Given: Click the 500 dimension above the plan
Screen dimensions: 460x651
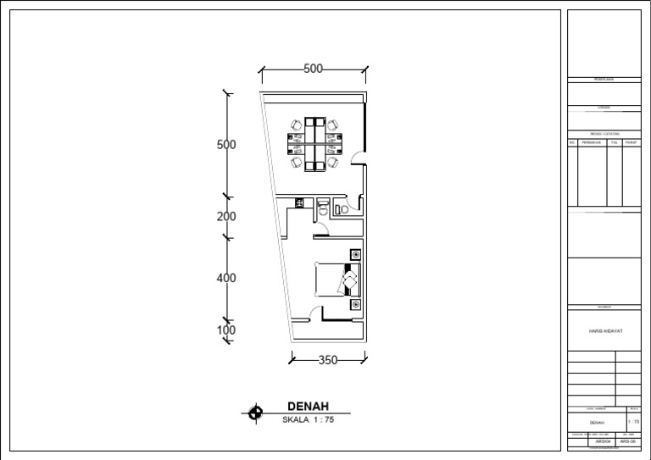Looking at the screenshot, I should point(313,69).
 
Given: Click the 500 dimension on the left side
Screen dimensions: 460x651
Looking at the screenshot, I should point(226,145).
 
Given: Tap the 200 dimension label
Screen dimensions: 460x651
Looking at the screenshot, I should point(226,217).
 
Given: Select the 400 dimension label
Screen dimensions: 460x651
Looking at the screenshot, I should point(226,278).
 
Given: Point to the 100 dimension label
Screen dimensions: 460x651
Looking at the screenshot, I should point(226,330).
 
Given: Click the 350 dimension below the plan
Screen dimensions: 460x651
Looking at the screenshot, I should point(327,360).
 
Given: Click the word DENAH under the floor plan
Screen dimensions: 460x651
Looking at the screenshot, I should point(308,406).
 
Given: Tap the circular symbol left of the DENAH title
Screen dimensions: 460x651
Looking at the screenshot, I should point(255,413).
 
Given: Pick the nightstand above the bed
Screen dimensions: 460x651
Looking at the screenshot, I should point(356,254).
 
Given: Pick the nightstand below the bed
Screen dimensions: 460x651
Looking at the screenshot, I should point(356,303).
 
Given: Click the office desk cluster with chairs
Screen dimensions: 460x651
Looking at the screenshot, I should point(314,142).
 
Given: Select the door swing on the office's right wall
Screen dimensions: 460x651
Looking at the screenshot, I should point(359,155).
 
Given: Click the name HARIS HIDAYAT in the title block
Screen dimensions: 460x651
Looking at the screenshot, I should point(605,331).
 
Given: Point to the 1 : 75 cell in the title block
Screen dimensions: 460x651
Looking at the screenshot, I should point(633,421).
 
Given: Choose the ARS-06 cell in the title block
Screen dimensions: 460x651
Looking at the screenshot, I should point(628,441).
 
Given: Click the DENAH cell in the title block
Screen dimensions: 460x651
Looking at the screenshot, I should point(597,421).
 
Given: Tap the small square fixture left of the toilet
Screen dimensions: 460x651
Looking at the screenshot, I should point(299,202).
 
